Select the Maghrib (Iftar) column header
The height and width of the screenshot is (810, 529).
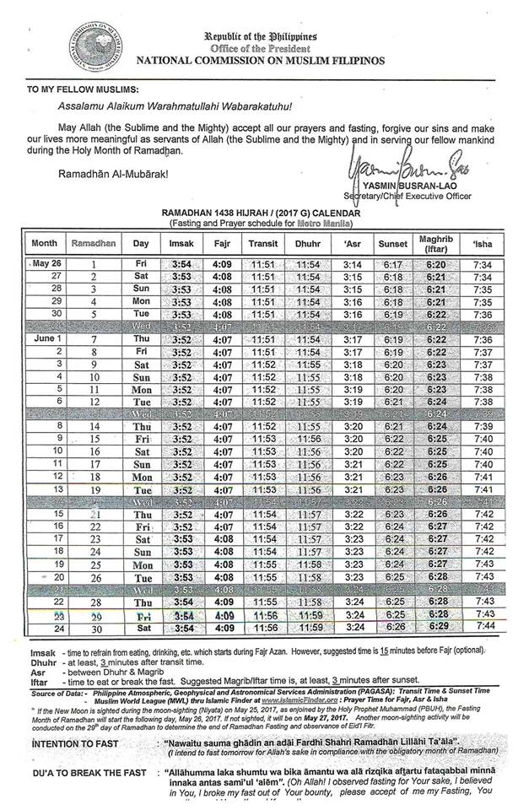tap(436, 243)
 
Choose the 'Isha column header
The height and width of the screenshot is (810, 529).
tap(483, 243)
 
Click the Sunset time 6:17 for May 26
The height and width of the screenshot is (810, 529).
tap(394, 263)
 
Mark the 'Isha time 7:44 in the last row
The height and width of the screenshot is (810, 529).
tap(483, 628)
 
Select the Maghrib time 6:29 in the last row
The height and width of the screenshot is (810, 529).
tap(436, 628)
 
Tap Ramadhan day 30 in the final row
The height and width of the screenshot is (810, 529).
tap(95, 628)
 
